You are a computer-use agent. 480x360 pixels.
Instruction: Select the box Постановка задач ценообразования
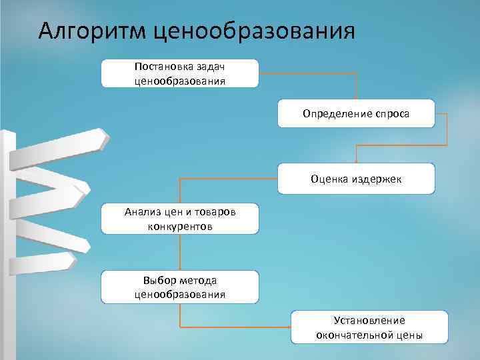[179, 73]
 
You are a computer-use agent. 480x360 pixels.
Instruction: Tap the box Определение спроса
[356, 113]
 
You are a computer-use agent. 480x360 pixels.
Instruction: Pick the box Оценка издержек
[356, 179]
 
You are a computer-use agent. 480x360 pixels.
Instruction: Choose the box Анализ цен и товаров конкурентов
[179, 219]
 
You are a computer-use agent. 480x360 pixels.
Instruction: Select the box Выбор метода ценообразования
[179, 287]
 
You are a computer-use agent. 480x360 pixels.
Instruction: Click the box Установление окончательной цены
[369, 327]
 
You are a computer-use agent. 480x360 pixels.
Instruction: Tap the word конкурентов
[179, 227]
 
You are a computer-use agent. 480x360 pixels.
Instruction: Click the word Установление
[369, 321]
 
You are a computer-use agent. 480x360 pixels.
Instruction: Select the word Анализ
[141, 213]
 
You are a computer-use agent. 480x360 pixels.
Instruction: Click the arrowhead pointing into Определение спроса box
[356, 97]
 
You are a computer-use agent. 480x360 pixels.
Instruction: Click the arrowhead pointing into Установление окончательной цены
[289, 327]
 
